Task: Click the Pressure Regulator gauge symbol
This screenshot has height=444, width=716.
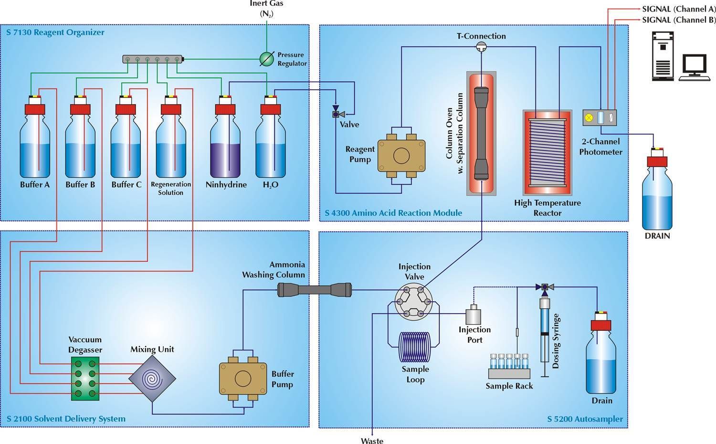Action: (x=267, y=59)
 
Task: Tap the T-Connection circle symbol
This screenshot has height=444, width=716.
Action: (x=481, y=46)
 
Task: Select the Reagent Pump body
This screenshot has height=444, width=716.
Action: (x=401, y=155)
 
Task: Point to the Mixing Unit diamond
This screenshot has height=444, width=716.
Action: (x=152, y=379)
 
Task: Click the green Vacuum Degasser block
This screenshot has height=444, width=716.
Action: (x=85, y=378)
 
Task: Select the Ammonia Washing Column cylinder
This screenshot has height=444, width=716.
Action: (x=315, y=289)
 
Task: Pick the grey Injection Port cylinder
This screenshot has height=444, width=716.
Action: (x=473, y=317)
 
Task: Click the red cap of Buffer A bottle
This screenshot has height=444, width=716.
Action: (x=34, y=109)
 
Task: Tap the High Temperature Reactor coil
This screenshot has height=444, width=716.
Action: (x=547, y=153)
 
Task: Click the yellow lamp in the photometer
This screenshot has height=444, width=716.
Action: (x=589, y=117)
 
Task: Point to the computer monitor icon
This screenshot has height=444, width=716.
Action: (x=694, y=65)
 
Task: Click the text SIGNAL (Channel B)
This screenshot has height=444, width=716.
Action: (x=679, y=20)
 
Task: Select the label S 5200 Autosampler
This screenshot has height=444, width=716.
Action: (x=585, y=419)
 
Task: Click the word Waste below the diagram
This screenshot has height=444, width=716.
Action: (x=372, y=441)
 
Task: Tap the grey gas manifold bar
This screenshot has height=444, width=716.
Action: (x=153, y=59)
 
